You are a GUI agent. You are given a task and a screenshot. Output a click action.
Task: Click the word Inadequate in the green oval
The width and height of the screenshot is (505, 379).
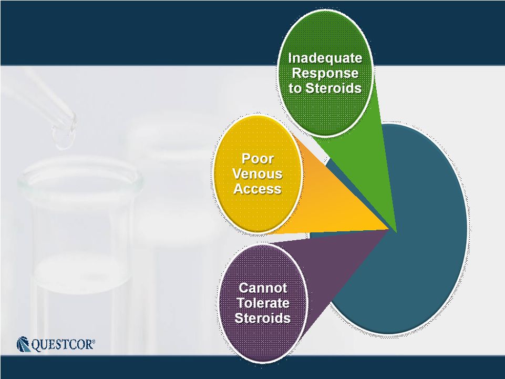[x=325, y=58]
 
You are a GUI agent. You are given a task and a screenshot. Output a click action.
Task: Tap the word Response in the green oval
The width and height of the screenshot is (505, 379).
[x=325, y=74]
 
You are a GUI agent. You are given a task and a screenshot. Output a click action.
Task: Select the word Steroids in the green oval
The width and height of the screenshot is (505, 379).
[x=333, y=88]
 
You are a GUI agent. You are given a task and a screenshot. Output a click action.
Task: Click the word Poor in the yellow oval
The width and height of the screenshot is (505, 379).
[x=257, y=159]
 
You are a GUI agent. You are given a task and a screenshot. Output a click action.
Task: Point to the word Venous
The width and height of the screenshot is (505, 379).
[x=257, y=174]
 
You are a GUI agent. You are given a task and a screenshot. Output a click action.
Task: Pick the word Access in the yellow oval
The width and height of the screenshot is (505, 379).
[x=257, y=189]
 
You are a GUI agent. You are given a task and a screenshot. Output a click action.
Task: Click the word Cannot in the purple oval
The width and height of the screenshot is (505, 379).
[x=262, y=288]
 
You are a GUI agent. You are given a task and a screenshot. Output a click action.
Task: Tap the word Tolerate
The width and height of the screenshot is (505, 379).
[x=263, y=303]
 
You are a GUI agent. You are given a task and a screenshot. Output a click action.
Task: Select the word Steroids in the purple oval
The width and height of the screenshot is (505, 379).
[x=262, y=318]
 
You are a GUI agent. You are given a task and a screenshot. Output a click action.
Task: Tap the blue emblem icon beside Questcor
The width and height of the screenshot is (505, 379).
[x=23, y=344]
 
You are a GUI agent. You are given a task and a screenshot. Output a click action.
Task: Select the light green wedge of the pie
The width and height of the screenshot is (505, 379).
[x=367, y=168]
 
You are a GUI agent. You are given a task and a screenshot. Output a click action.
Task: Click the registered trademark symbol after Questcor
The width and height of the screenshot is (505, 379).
[x=94, y=341]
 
